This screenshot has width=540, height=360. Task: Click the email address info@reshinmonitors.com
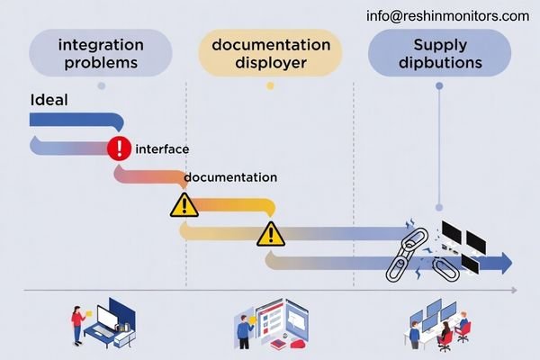pos(448,15)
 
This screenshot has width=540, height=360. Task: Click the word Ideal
pos(49,101)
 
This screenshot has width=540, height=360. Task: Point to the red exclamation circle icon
pos(119,148)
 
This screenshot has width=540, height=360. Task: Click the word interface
pos(162,148)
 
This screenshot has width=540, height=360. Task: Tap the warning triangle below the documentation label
pos(184,205)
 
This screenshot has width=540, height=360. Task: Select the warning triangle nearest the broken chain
pos(270,234)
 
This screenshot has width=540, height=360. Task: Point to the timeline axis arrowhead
pos(513,290)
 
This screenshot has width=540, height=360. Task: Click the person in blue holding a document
pos(243,329)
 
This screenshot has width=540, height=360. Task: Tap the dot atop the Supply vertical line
pos(439,86)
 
